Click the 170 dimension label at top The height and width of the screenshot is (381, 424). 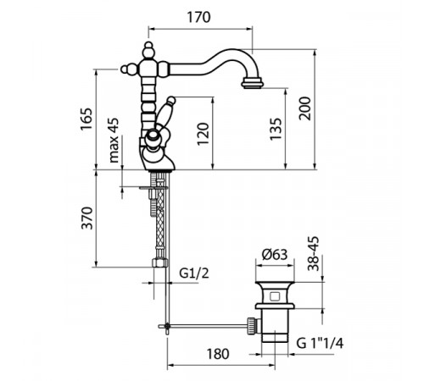coord(198,17)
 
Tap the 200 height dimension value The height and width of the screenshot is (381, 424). coord(305,108)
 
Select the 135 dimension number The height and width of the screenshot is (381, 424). coord(276,129)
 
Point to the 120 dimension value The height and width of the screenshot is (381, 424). coord(203,134)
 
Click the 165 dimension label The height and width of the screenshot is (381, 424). coord(86,119)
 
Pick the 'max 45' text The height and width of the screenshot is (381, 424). coord(114,141)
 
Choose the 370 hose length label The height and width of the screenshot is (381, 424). coord(87,218)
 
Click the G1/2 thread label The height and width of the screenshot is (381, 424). coord(194,273)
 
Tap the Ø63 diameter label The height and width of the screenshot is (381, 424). coord(275,255)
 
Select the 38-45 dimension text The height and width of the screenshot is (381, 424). coord(314,253)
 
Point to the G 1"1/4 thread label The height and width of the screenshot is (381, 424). coord(320,343)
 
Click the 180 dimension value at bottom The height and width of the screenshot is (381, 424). coord(218,354)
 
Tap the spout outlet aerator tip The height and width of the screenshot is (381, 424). coord(253,84)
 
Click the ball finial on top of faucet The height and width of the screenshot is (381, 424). coord(148,45)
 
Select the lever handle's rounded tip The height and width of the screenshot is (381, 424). coord(171,100)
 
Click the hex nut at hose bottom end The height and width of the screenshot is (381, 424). coord(159,263)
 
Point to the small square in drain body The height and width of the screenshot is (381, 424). coord(275,296)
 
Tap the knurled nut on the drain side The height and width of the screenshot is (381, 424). coord(251,326)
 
